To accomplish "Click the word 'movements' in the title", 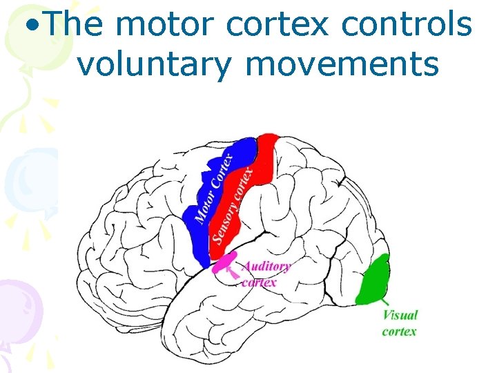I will tap(342, 64).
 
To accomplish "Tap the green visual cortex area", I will tap(374, 280).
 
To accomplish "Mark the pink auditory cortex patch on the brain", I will tap(223, 263).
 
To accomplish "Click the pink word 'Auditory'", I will tap(266, 267).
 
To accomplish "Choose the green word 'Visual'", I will tap(400, 316).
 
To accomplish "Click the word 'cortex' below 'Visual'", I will tap(399, 331).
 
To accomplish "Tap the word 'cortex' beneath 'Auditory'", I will tap(259, 282).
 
